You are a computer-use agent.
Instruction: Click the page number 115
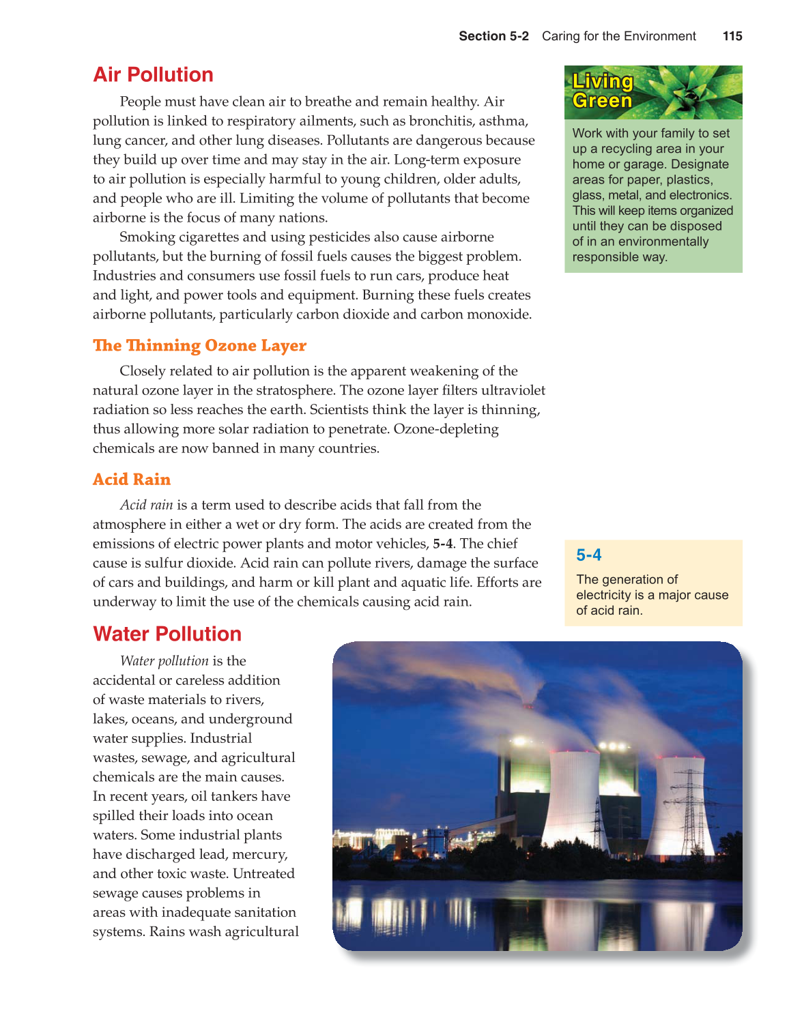(x=732, y=36)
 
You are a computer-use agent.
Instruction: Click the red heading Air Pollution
(x=153, y=74)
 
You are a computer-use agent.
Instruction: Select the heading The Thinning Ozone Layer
(x=199, y=345)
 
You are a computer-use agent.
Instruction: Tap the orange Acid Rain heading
(x=132, y=479)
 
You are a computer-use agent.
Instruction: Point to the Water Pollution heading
(x=167, y=634)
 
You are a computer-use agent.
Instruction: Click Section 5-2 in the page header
(x=493, y=36)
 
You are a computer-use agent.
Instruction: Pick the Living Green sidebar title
(x=603, y=91)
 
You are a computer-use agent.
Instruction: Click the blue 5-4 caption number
(x=588, y=555)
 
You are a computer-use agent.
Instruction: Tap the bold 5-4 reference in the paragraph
(x=442, y=544)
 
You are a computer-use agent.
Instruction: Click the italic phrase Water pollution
(x=164, y=661)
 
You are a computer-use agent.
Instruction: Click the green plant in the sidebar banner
(x=689, y=92)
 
